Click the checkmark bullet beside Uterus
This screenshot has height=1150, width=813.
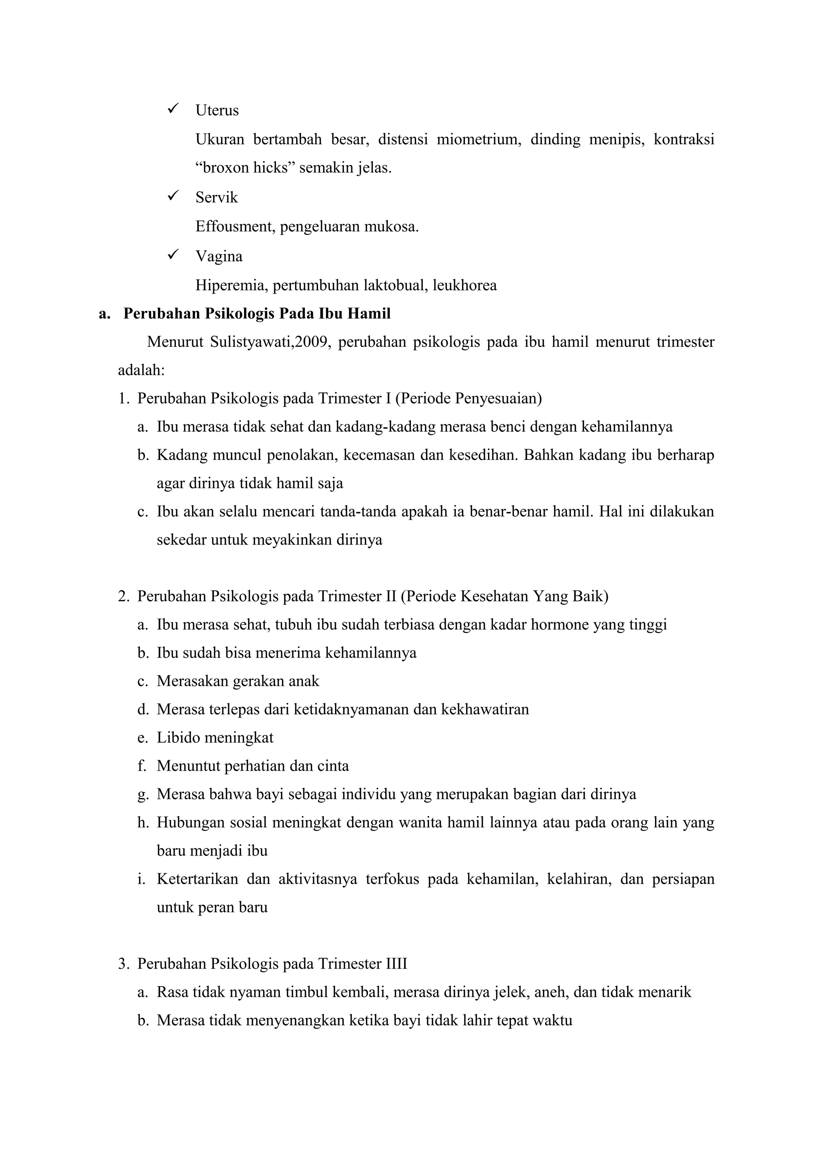click(x=174, y=108)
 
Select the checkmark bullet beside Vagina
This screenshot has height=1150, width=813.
click(x=174, y=254)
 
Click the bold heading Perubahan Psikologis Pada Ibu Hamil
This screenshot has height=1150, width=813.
click(x=257, y=313)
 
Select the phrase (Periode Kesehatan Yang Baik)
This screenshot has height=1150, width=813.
click(x=505, y=596)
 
